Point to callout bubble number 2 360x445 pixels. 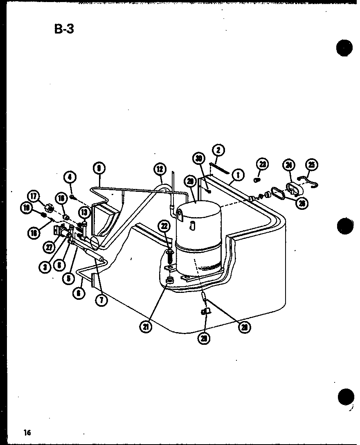tap(218, 150)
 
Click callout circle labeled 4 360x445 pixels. tap(70, 177)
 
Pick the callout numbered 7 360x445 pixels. tap(101, 300)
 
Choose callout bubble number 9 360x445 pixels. tap(99, 168)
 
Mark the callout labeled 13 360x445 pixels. tap(84, 212)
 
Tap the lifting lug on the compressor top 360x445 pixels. tap(180, 213)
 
